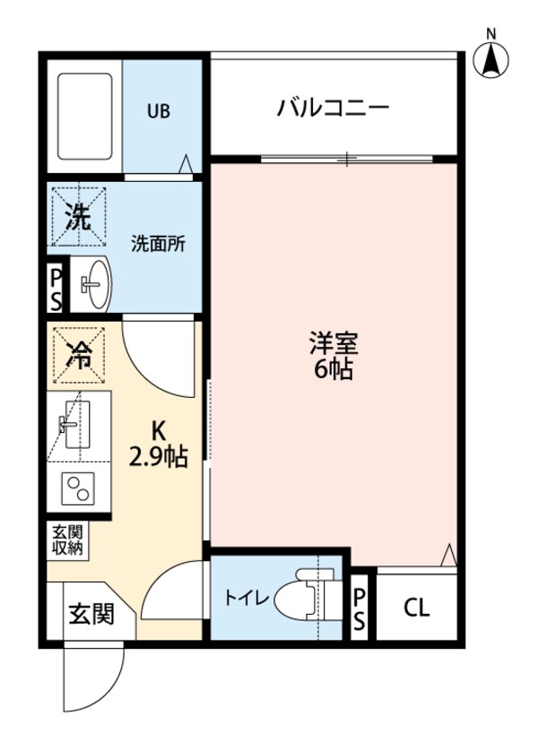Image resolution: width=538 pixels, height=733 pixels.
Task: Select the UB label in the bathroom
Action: point(159,112)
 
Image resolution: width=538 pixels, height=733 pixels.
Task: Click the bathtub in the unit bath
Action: point(85,115)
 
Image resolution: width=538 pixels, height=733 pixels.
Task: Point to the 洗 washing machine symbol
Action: point(80,217)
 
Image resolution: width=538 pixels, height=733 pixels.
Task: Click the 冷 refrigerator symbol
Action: point(80,355)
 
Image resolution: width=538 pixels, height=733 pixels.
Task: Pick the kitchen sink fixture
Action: point(78,426)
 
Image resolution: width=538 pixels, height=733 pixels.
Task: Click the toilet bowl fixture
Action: point(307,599)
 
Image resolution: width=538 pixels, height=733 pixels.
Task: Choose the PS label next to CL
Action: point(360,608)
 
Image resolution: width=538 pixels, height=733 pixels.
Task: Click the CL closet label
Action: point(416,608)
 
